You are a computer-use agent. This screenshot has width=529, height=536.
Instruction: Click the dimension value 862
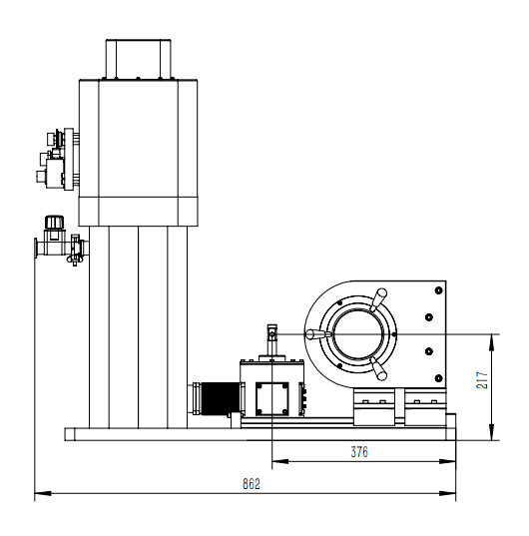tap(252, 484)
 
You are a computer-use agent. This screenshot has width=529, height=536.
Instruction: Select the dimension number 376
tap(359, 452)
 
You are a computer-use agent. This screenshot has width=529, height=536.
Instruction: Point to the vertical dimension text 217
tap(482, 379)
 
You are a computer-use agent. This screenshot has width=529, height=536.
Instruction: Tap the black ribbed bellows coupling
tap(221, 398)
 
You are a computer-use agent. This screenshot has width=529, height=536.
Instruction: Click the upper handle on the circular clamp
tap(378, 299)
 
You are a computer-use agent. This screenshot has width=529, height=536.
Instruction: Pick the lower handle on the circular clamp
tap(378, 369)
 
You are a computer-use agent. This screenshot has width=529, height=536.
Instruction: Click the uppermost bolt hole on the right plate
tap(439, 290)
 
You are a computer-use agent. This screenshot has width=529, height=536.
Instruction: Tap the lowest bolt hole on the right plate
tap(439, 378)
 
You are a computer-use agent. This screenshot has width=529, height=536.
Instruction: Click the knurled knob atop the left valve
tap(54, 222)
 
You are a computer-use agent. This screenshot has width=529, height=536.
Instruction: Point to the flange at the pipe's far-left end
tap(36, 249)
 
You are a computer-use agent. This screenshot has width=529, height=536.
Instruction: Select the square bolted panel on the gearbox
tap(272, 399)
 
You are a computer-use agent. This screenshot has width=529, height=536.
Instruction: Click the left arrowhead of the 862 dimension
tap(43, 493)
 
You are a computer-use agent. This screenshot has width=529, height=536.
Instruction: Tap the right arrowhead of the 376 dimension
tap(447, 461)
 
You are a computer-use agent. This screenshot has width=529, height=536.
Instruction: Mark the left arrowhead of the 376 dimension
tap(280, 461)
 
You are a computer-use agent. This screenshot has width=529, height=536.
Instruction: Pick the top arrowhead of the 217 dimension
tap(491, 342)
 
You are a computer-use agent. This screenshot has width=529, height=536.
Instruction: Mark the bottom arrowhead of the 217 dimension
tap(491, 432)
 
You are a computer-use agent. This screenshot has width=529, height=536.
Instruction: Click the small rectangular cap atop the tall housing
tap(138, 59)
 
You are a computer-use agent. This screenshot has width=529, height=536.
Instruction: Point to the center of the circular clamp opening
tap(358, 334)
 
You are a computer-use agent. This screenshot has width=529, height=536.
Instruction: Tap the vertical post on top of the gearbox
tap(272, 340)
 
